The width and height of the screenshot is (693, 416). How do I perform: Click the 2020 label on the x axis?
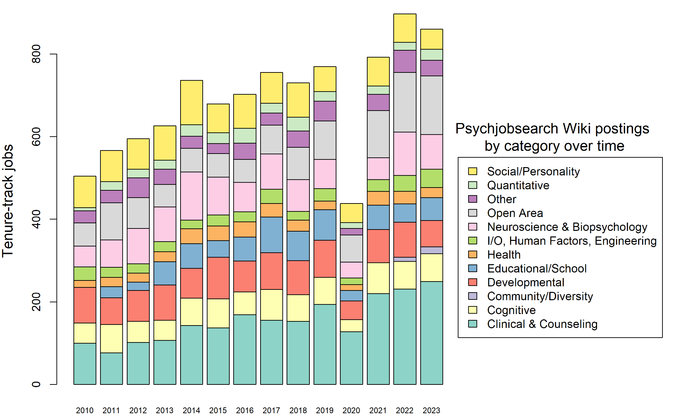coord(351,410)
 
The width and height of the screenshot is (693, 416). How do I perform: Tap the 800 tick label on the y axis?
coord(36,54)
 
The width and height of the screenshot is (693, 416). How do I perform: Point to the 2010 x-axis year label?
coord(85,410)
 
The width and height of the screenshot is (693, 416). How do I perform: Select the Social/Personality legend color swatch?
coord(473,171)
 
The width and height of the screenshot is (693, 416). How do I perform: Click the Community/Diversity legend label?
coord(540,296)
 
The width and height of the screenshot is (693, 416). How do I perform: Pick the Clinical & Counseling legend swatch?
coord(473,324)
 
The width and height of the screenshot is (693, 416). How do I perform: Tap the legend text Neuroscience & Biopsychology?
coord(567,227)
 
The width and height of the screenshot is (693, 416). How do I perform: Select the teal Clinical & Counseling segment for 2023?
coord(431,333)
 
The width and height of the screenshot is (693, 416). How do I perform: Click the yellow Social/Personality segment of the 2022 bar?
coord(405,28)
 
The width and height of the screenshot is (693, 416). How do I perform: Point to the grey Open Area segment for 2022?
coord(405,102)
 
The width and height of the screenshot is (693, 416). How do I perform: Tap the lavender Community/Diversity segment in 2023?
coord(431,250)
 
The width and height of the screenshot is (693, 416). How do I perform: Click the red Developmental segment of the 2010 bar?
coord(85,305)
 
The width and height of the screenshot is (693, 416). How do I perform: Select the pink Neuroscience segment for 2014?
coord(192,196)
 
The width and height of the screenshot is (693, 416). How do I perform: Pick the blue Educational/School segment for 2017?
coord(272,235)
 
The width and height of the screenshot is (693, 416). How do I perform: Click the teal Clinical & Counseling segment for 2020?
coord(351,358)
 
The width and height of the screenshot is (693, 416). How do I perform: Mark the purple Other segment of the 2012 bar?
coord(138,188)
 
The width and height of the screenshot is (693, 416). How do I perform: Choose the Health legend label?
coord(504,255)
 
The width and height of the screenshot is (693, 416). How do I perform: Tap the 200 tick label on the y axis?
coord(36,302)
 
